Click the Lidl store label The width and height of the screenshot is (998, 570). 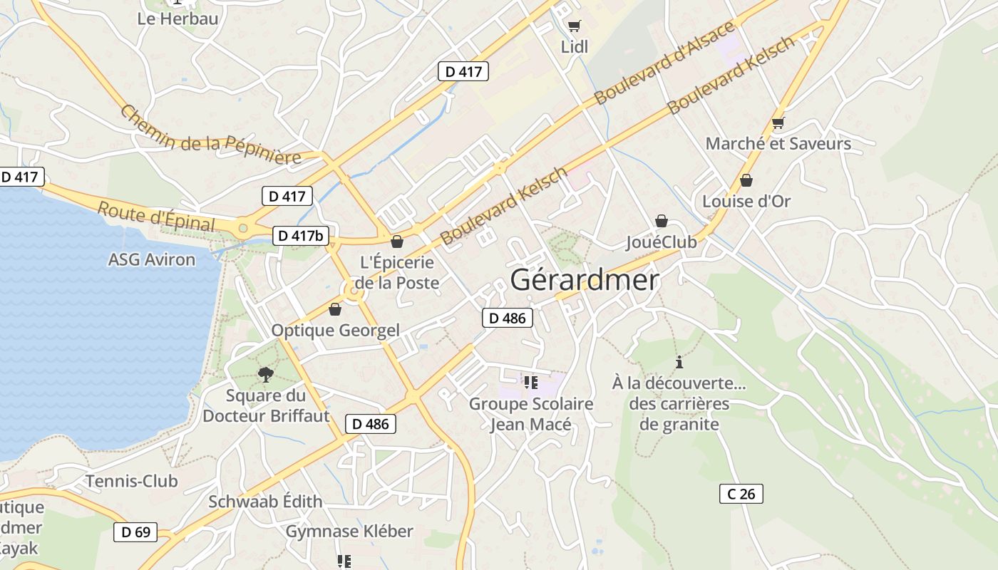click(575, 47)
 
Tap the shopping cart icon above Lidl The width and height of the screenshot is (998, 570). click(574, 26)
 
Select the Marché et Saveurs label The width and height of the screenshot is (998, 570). click(778, 143)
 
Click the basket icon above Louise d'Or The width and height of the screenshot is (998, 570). click(746, 180)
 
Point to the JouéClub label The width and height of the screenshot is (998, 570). click(661, 242)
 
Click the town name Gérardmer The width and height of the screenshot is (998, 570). click(584, 280)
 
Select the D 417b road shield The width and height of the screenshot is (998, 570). click(300, 235)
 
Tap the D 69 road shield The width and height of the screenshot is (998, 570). click(135, 532)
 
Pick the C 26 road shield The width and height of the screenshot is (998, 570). click(741, 493)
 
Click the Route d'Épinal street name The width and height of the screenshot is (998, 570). click(156, 217)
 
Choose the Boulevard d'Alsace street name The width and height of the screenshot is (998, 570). click(664, 63)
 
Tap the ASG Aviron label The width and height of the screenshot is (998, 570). click(151, 259)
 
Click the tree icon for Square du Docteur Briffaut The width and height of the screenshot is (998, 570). click(265, 373)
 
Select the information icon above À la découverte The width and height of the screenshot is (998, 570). click(679, 362)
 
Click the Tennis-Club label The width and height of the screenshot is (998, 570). click(132, 481)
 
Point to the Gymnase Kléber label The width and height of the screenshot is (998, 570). click(349, 532)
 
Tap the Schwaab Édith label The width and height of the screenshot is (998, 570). click(265, 502)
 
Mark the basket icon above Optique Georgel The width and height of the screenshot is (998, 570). click(335, 309)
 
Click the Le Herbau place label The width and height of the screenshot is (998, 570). click(178, 19)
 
